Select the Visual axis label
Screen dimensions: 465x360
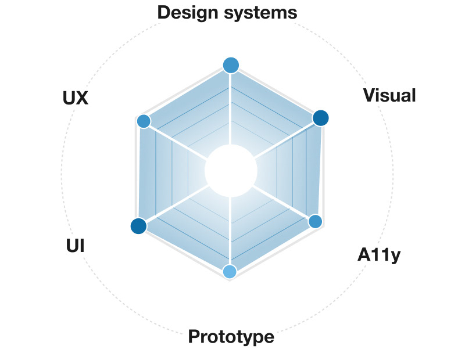(389, 95)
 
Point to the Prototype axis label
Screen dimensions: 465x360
(231, 337)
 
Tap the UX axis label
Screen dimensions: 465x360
(75, 98)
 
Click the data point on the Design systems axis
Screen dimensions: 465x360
(231, 66)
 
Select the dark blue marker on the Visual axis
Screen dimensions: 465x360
(320, 118)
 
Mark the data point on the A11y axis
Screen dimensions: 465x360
(315, 221)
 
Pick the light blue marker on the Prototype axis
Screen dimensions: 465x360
(230, 271)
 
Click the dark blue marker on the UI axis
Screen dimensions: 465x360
(138, 226)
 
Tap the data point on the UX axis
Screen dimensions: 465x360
(143, 121)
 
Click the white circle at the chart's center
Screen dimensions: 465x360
(231, 171)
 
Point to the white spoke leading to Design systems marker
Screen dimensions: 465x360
(231, 110)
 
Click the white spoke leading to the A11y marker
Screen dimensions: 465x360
(282, 201)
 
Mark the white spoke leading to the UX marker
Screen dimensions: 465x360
(180, 142)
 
